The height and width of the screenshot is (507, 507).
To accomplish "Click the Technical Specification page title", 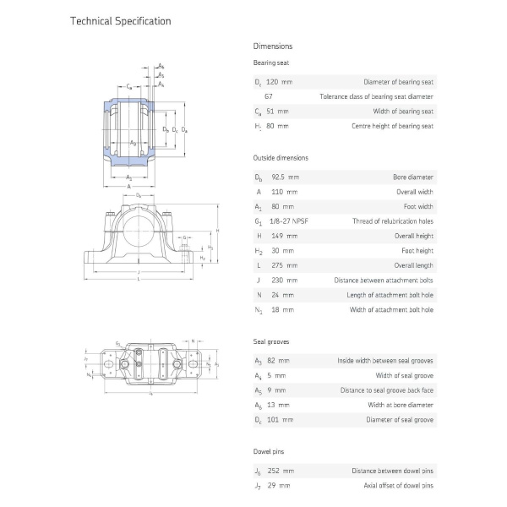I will pyautogui.click(x=120, y=20).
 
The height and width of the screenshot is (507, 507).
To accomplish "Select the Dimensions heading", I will pyautogui.click(x=273, y=46).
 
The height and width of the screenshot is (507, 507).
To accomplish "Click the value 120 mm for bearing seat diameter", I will pyautogui.click(x=280, y=82).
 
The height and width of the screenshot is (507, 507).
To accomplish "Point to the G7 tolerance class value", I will pyautogui.click(x=269, y=96).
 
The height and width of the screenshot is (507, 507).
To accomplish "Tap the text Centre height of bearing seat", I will pyautogui.click(x=392, y=126).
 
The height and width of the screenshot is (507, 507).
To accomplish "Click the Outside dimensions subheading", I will pyautogui.click(x=281, y=158).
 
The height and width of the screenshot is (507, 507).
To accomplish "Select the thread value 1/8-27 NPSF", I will pyautogui.click(x=288, y=221).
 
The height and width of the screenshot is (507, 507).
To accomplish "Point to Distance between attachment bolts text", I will pyautogui.click(x=384, y=280).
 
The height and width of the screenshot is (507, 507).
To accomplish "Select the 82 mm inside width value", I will pyautogui.click(x=276, y=361).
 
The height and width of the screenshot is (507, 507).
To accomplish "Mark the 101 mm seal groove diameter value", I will pyautogui.click(x=281, y=419).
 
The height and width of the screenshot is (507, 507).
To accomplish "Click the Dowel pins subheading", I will pyautogui.click(x=270, y=452).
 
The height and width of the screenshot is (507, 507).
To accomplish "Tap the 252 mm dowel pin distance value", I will pyautogui.click(x=281, y=471).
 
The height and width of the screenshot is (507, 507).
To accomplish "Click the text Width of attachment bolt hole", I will pyautogui.click(x=391, y=309).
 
